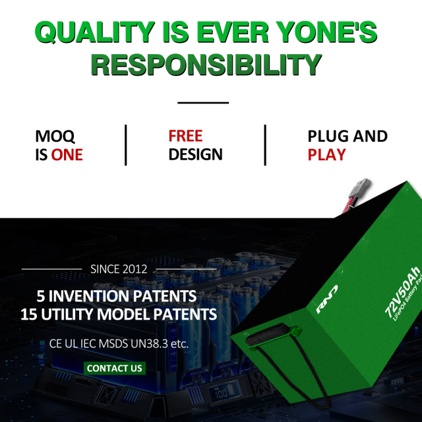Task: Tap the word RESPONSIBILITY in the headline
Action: (206, 65)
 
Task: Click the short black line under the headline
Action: (203, 103)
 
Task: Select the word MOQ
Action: (55, 136)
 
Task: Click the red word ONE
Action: (67, 155)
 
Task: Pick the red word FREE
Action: (185, 136)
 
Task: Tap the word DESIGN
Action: (195, 155)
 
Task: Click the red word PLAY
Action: (326, 155)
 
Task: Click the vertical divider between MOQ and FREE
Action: (125, 145)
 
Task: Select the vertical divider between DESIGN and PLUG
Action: (265, 145)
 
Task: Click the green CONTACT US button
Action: (115, 368)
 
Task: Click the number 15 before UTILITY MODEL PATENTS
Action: (30, 315)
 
